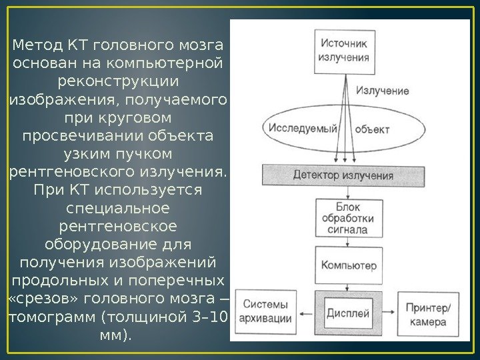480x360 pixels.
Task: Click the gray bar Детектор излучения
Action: pyautogui.click(x=343, y=176)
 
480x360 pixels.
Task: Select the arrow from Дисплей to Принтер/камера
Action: pyautogui.click(x=386, y=313)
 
